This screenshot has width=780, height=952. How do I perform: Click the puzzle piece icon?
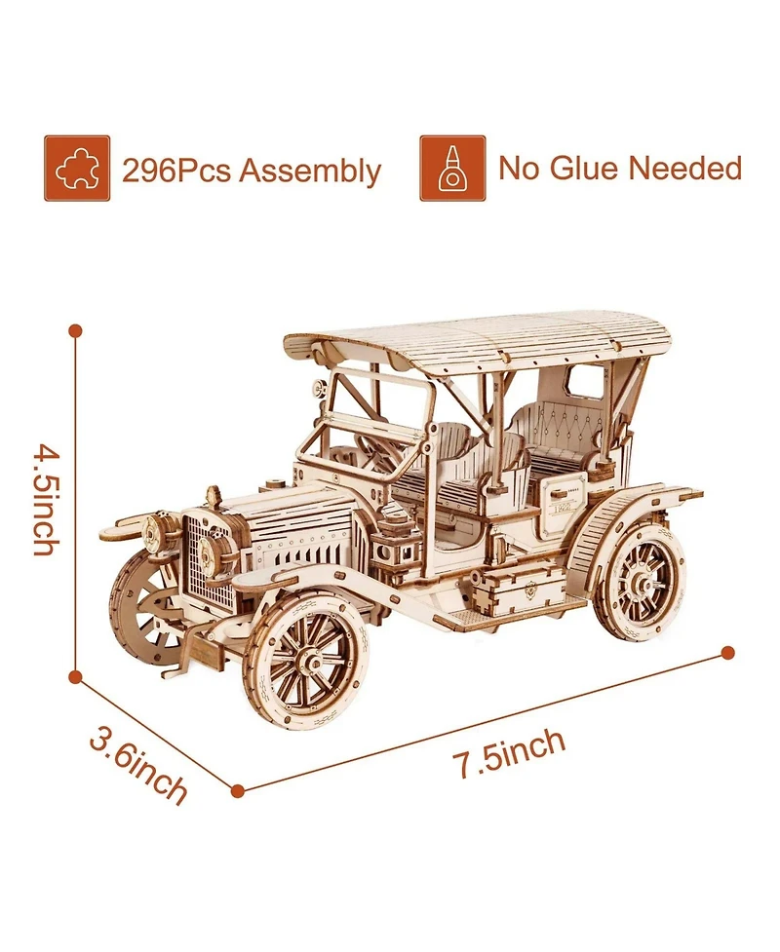point(77,169)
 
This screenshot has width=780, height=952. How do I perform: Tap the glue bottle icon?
point(452,169)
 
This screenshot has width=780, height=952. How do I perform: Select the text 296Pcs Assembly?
point(252,171)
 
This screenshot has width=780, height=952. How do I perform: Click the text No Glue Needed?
point(620,168)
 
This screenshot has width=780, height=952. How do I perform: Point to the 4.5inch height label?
point(48,499)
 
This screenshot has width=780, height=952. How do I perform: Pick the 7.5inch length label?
point(509,752)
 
